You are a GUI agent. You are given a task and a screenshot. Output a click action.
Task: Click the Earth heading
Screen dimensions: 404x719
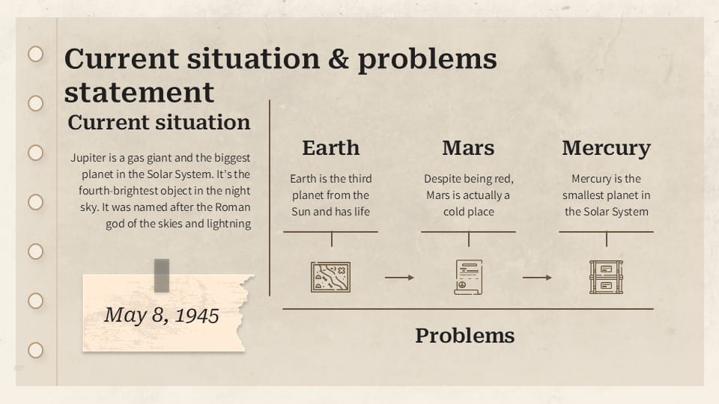(330, 148)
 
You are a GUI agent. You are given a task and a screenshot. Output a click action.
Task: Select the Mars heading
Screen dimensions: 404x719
(468, 148)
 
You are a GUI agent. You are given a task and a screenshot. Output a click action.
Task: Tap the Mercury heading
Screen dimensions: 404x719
(606, 148)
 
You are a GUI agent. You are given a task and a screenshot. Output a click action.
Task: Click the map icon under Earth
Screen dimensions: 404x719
(330, 277)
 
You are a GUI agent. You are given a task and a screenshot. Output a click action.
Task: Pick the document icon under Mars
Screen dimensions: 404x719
(468, 277)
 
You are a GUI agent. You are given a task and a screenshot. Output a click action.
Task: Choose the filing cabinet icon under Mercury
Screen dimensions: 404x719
(606, 277)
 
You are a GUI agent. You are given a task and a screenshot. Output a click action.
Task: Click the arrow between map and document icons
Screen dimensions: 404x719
(399, 278)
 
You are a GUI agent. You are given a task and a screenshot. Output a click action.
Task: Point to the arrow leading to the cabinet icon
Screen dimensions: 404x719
(537, 278)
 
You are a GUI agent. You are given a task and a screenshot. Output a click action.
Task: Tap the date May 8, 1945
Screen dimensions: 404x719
(161, 315)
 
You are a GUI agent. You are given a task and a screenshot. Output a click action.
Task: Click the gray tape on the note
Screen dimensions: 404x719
(162, 275)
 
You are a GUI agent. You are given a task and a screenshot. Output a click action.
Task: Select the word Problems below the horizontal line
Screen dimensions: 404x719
(464, 336)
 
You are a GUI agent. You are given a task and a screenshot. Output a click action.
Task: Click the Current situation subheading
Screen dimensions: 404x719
(159, 123)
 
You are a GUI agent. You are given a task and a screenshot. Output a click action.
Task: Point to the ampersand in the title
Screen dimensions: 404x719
(339, 59)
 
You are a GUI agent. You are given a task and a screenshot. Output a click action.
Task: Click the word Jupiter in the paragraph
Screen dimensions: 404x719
(90, 159)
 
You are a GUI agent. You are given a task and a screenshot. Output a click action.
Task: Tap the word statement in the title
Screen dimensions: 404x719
(139, 93)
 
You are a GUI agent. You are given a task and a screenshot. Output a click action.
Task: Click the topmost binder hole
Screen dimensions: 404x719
(35, 54)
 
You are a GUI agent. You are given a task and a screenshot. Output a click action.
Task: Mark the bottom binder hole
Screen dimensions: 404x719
(35, 350)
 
